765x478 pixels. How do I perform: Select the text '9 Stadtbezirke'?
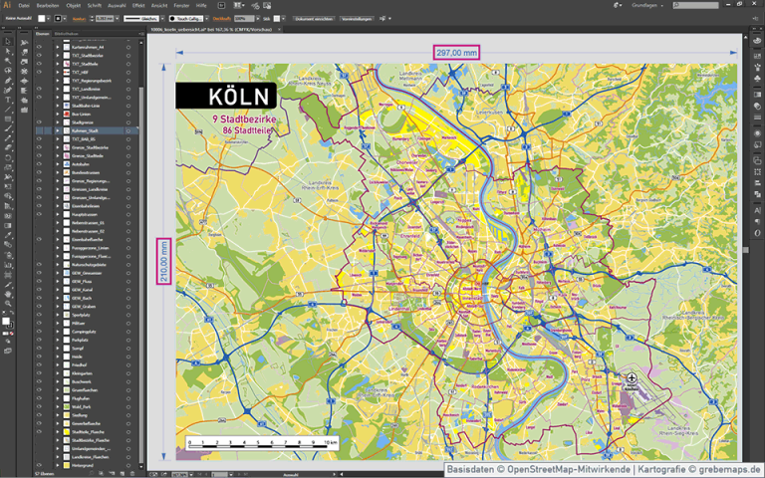click(x=234, y=119)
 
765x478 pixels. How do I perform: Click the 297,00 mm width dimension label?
click(x=456, y=52)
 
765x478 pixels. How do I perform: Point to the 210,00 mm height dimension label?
click(x=163, y=261)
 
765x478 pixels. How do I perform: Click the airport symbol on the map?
click(x=632, y=378)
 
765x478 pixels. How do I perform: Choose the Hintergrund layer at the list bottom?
click(x=85, y=465)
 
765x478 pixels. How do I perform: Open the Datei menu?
click(x=24, y=5)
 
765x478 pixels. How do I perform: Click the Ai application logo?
click(x=7, y=5)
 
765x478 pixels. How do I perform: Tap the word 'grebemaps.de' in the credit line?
click(x=729, y=469)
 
